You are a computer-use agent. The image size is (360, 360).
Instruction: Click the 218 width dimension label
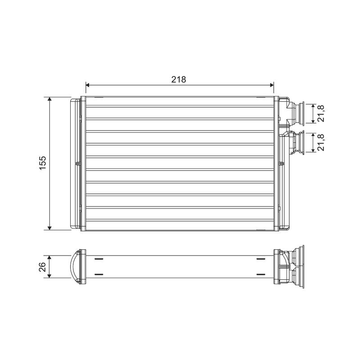(x=179, y=80)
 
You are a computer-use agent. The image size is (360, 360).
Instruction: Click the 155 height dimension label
(x=43, y=163)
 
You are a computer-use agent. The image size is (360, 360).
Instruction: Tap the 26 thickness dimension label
(x=43, y=267)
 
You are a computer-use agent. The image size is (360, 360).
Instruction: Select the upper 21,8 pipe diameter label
(x=321, y=113)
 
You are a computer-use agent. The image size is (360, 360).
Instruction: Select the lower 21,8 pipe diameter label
(x=321, y=142)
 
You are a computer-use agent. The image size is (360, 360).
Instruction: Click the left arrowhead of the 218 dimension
(x=87, y=85)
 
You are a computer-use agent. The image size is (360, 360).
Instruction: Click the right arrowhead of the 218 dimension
(x=272, y=85)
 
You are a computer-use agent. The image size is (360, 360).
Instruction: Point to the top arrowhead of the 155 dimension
(x=49, y=99)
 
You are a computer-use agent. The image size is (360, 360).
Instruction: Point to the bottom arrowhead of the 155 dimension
(x=49, y=228)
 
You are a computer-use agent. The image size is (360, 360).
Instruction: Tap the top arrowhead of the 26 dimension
(x=49, y=257)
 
